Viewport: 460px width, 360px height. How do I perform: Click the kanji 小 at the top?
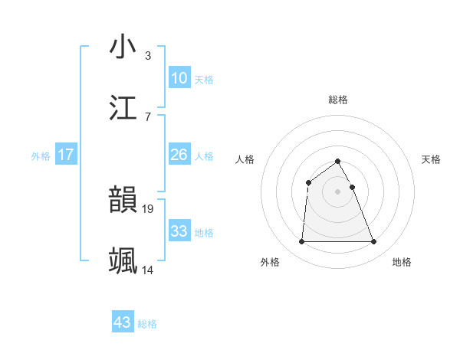tap(123, 47)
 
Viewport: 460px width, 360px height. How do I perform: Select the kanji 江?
tap(123, 107)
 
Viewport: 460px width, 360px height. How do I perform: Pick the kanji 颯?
tap(123, 260)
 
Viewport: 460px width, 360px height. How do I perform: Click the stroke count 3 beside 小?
tap(148, 55)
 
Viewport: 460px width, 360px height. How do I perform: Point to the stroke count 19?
tap(149, 208)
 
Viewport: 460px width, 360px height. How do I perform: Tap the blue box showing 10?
tap(179, 78)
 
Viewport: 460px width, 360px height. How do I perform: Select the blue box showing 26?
tap(179, 155)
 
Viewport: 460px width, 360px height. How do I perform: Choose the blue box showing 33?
tap(179, 231)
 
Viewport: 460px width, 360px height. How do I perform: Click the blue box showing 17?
tap(66, 155)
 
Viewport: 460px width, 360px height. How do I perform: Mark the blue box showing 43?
tap(123, 322)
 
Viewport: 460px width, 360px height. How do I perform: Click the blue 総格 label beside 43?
tap(147, 324)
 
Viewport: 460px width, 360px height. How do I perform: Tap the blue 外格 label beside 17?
tap(41, 156)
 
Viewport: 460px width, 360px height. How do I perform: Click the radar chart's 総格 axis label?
tap(337, 100)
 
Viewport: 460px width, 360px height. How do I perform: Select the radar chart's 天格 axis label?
tap(431, 159)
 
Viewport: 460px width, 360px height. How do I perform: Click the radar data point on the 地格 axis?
tap(374, 242)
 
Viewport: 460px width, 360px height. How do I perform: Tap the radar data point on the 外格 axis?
tap(301, 242)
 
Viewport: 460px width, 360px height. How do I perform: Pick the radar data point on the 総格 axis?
tap(337, 161)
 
